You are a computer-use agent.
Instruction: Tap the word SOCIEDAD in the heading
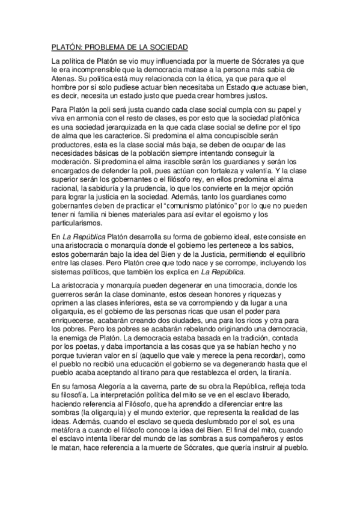(x=168, y=46)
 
